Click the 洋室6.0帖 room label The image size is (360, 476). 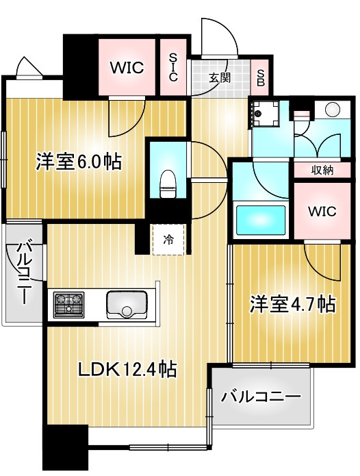(x=79, y=162)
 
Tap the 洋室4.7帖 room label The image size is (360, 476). (x=292, y=303)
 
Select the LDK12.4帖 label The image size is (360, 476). (x=127, y=371)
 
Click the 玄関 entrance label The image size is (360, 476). (x=220, y=77)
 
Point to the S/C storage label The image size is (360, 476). (x=173, y=68)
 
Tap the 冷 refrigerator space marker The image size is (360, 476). (x=168, y=240)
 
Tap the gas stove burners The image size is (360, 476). (x=69, y=303)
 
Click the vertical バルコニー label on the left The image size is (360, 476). (x=25, y=272)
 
